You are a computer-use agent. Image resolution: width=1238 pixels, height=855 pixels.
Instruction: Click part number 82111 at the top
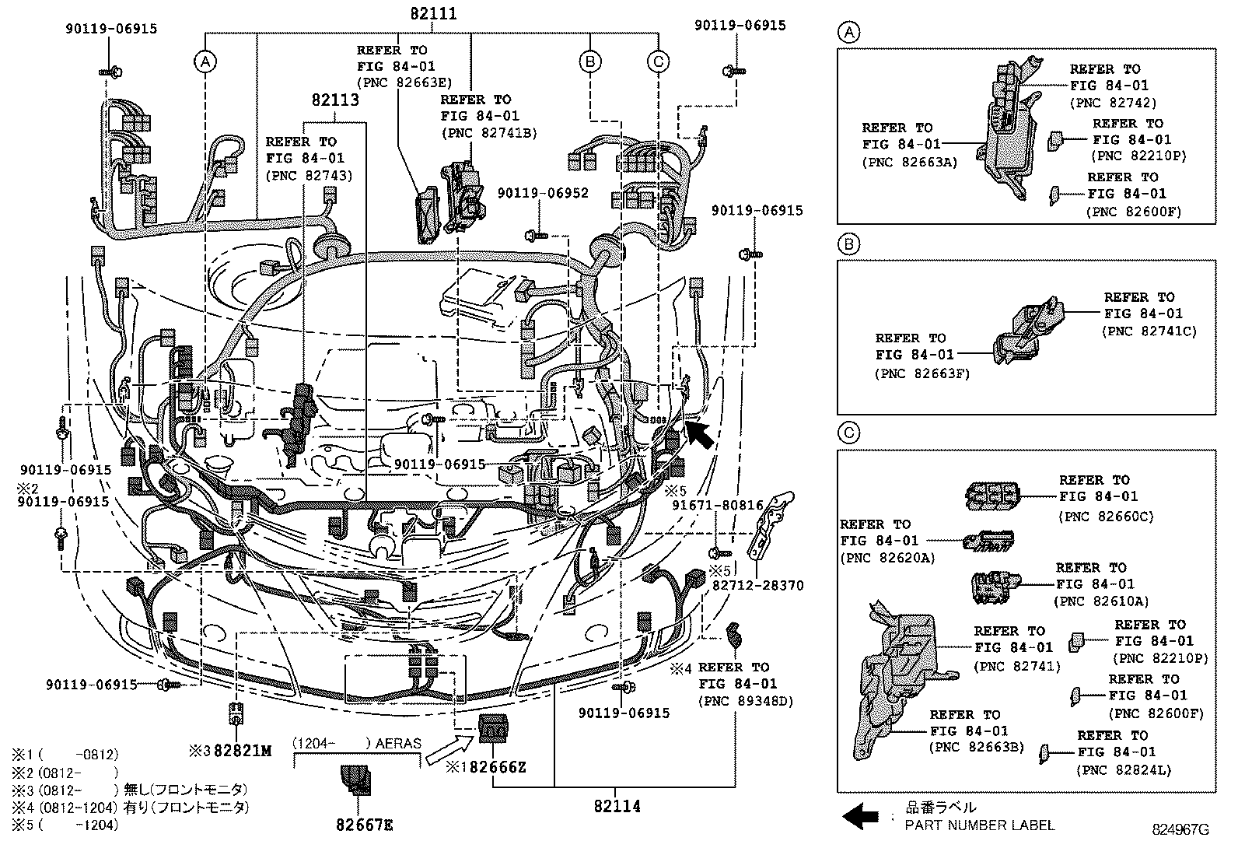[433, 14]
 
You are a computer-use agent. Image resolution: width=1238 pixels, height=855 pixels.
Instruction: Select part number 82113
[335, 100]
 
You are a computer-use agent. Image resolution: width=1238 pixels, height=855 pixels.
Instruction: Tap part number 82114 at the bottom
[617, 806]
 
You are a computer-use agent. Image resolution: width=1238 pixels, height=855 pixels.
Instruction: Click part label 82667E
[365, 825]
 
